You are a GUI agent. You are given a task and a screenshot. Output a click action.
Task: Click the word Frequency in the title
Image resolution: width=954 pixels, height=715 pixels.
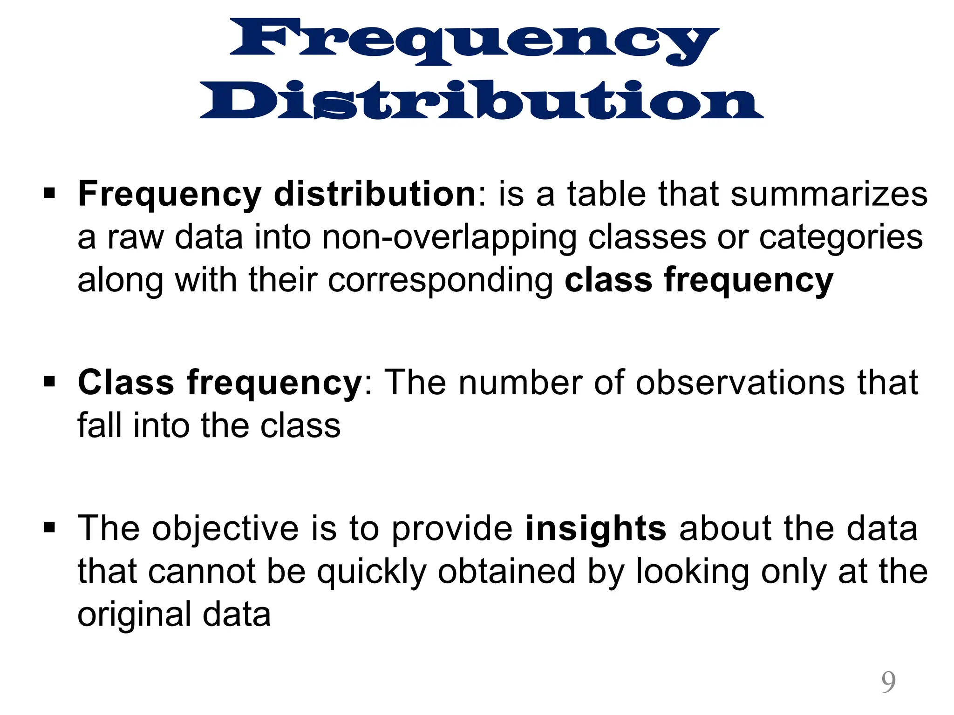click(x=474, y=41)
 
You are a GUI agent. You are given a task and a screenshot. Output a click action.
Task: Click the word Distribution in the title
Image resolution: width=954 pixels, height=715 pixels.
click(x=482, y=100)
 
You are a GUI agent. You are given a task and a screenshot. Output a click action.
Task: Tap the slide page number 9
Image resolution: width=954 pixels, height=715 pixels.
click(x=888, y=682)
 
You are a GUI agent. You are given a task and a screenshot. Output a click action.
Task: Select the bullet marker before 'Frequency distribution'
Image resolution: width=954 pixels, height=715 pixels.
click(x=49, y=193)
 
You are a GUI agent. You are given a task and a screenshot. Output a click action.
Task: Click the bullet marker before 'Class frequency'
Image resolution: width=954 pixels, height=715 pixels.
click(x=49, y=382)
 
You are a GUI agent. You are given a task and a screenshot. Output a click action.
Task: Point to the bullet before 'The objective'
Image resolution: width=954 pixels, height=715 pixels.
click(x=49, y=528)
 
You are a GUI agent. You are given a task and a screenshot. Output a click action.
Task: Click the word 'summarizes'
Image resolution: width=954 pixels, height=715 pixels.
click(x=829, y=194)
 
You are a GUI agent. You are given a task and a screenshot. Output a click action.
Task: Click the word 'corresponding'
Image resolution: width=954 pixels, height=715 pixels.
click(x=441, y=281)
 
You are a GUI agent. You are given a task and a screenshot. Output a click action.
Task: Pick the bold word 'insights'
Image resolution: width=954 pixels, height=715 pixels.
click(x=596, y=529)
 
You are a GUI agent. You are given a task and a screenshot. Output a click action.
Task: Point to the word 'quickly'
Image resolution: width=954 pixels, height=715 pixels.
click(x=372, y=573)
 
